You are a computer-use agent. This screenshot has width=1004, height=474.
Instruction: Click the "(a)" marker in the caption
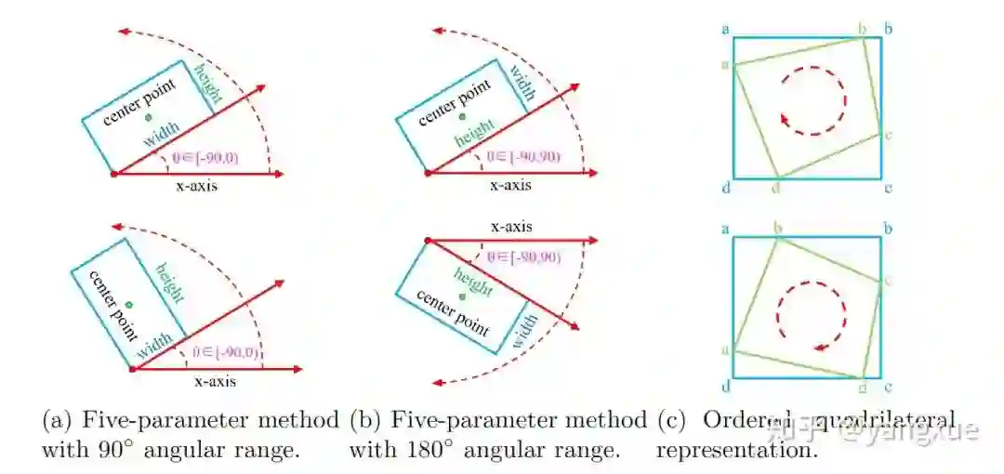tap(57, 420)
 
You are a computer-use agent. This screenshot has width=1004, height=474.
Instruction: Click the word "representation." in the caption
tap(737, 452)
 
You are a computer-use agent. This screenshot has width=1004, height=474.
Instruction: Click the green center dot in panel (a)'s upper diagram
tap(148, 118)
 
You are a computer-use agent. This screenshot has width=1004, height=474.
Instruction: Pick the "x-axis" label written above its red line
tap(510, 227)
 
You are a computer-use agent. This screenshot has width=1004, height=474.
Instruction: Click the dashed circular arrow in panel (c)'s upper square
tap(812, 98)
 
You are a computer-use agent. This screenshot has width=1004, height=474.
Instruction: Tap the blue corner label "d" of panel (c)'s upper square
tap(724, 189)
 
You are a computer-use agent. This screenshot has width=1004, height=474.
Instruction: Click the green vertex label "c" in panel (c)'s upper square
tap(890, 136)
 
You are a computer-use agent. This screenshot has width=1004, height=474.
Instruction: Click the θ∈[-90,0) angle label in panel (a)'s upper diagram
tap(205, 158)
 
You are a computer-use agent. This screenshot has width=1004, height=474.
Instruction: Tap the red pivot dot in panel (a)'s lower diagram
tap(133, 369)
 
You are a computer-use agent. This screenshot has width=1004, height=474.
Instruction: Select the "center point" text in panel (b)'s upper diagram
tap(454, 102)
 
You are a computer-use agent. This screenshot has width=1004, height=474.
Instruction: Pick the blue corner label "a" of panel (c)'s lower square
tap(724, 228)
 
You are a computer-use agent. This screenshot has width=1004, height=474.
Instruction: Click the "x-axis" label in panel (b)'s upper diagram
tap(510, 184)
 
